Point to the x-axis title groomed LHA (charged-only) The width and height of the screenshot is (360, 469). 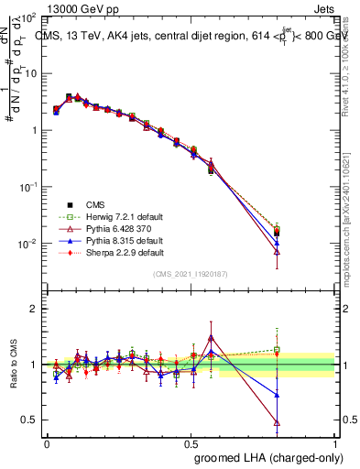click(265, 457)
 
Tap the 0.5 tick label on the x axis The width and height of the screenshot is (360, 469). click(191, 443)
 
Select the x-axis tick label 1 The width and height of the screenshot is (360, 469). click(335, 443)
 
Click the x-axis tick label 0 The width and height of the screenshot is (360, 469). click(46, 443)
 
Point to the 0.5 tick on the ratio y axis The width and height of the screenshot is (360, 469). click(28, 420)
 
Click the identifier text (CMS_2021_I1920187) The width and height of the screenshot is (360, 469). click(191, 274)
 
